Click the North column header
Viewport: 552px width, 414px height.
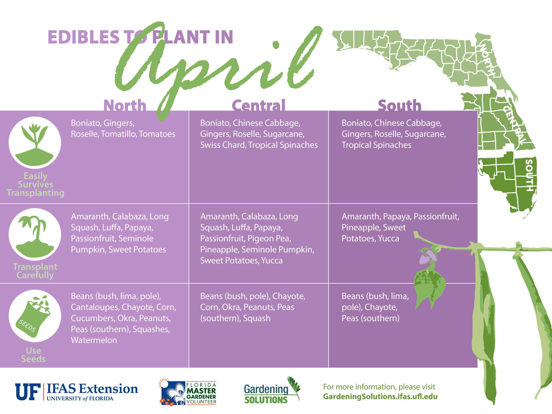tap(125, 105)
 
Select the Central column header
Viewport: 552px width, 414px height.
tap(258, 105)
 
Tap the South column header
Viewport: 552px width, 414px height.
tap(399, 105)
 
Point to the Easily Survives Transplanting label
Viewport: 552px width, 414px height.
tap(35, 184)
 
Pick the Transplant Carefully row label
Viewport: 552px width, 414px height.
tap(35, 271)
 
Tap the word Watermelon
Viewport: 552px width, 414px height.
tap(94, 340)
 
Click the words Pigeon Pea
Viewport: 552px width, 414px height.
tap(269, 239)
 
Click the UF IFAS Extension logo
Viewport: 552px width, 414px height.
tap(77, 392)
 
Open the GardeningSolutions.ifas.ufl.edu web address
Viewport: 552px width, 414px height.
tap(380, 396)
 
